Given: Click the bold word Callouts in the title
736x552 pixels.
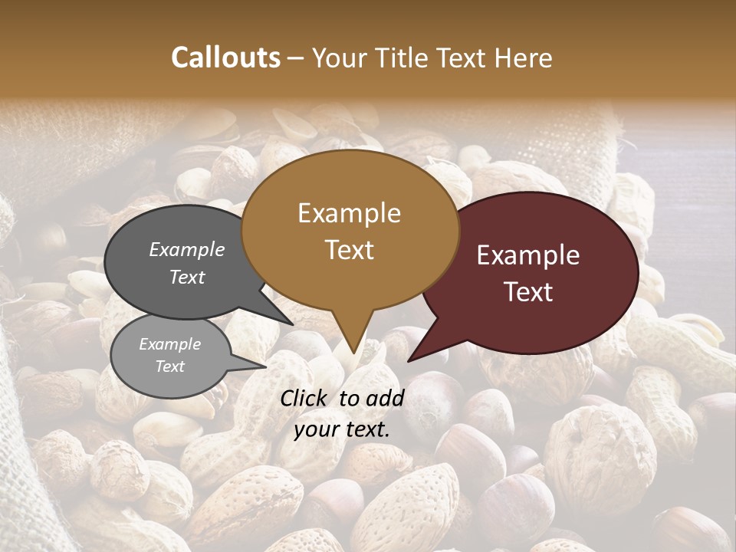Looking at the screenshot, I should pyautogui.click(x=225, y=58).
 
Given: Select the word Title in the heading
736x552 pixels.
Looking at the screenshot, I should pyautogui.click(x=403, y=58).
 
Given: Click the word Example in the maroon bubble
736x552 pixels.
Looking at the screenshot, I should pyautogui.click(x=528, y=255).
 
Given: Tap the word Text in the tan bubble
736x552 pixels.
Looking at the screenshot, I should pyautogui.click(x=350, y=250).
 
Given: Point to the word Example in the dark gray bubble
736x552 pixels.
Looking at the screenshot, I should pyautogui.click(x=187, y=249).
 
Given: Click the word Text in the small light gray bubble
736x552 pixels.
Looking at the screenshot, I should pyautogui.click(x=170, y=366).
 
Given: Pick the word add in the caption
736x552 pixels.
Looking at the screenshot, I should pyautogui.click(x=386, y=398).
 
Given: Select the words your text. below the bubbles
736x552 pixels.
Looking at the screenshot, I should pyautogui.click(x=342, y=429).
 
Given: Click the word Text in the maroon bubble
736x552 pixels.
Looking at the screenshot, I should pyautogui.click(x=529, y=292).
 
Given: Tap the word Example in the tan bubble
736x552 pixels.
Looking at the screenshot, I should pyautogui.click(x=350, y=213).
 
